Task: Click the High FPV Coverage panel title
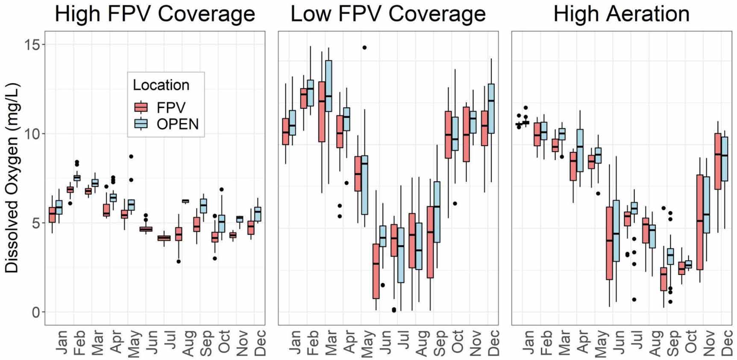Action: pyautogui.click(x=155, y=14)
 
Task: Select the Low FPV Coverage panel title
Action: pyautogui.click(x=388, y=14)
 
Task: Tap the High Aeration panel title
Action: pyautogui.click(x=621, y=14)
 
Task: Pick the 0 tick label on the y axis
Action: pyautogui.click(x=36, y=312)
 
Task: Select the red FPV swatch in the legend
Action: pyautogui.click(x=141, y=107)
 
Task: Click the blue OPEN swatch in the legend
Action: pyautogui.click(x=141, y=124)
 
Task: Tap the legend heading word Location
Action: pyautogui.click(x=161, y=85)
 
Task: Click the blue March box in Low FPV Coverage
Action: pyautogui.click(x=329, y=86)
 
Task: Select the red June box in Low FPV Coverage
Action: pyautogui.click(x=376, y=271)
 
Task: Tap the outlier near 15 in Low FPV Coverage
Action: pyautogui.click(x=364, y=47)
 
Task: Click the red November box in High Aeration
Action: pyautogui.click(x=700, y=222)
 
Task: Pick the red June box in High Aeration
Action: pyautogui.click(x=609, y=243)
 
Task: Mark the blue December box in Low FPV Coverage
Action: pyautogui.click(x=491, y=109)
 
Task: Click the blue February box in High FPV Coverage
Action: pyautogui.click(x=77, y=178)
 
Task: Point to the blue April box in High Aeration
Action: pyautogui.click(x=580, y=150)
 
